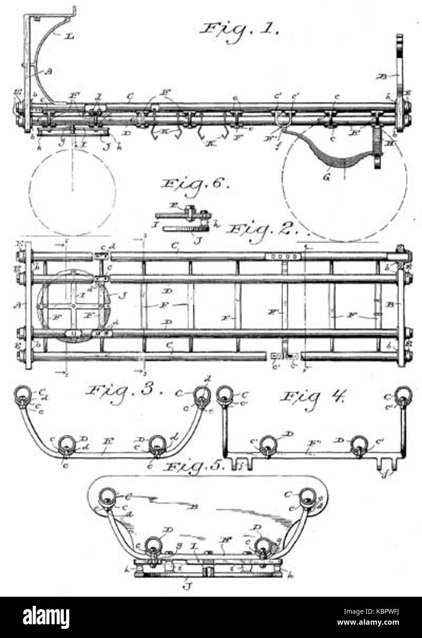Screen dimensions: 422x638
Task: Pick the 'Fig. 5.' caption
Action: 195,468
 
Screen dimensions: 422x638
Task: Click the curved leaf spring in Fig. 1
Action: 330,151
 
